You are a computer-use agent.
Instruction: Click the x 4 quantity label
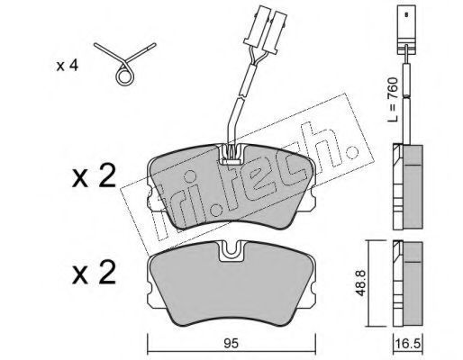tap(68, 66)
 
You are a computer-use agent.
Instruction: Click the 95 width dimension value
tap(231, 343)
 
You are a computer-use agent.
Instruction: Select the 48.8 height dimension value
tap(360, 283)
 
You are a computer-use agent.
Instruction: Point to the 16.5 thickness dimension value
tap(407, 343)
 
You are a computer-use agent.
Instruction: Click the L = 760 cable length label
tap(392, 100)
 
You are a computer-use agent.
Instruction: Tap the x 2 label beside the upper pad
tap(94, 175)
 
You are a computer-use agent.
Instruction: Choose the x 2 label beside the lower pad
tap(94, 272)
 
